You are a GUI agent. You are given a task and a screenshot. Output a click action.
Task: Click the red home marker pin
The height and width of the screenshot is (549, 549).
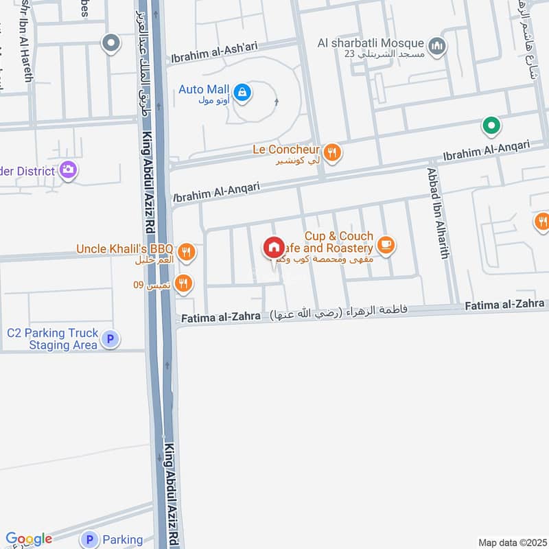pos(274,248)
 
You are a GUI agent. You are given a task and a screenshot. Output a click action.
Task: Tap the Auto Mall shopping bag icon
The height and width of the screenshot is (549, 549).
pos(242,91)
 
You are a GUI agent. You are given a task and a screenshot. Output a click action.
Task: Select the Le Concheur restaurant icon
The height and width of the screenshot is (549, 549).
pos(332,152)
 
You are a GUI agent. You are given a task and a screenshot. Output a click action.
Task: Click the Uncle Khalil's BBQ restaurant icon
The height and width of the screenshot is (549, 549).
pos(186,253)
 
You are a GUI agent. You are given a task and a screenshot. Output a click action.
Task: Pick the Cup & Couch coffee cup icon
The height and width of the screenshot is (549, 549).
pos(386,245)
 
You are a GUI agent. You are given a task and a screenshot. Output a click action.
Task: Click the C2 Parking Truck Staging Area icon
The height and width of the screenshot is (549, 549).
pos(110,338)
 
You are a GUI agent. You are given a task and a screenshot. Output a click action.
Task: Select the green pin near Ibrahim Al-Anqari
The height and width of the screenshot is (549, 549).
pos(491,126)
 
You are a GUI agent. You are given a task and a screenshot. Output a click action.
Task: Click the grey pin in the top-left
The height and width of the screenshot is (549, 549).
pos(110,44)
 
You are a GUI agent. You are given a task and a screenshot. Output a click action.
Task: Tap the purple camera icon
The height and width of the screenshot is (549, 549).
pos(68,169)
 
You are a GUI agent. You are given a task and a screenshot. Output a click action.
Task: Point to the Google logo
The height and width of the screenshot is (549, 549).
pos(29,539)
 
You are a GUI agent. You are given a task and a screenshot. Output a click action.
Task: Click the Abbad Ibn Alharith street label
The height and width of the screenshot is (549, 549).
pos(439,213)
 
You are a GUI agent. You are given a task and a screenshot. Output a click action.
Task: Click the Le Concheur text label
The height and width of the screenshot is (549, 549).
pos(287,149)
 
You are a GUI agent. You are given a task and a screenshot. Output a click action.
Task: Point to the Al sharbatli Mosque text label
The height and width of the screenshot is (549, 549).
pos(371,43)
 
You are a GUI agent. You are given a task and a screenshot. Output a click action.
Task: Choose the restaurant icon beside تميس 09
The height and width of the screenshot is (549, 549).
pos(183,283)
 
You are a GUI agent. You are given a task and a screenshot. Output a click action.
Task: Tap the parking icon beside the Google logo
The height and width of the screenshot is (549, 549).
pos(90,540)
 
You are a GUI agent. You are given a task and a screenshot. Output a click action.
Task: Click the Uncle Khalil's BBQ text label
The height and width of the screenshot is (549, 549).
pos(126,248)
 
